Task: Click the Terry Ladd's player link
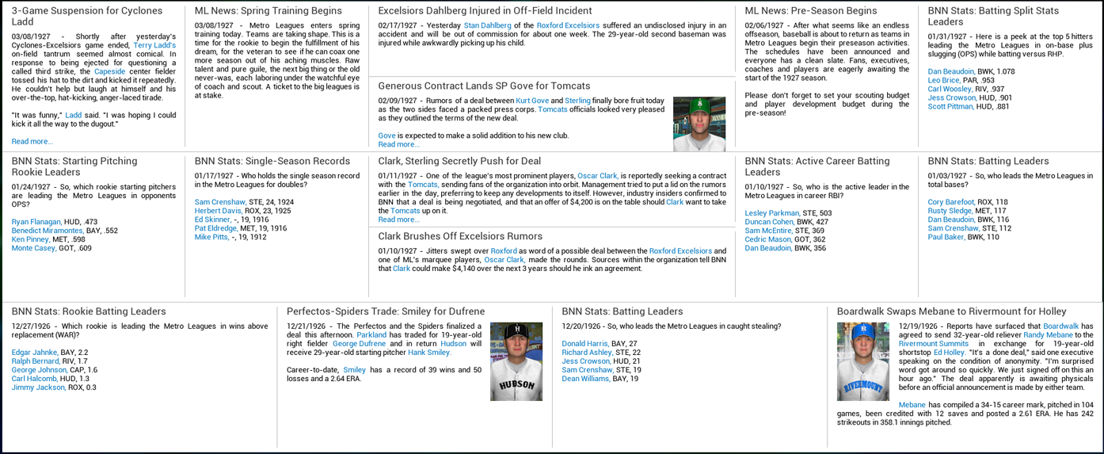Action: [x=154, y=46]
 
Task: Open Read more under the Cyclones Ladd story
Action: [x=32, y=141]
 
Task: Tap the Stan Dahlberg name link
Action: [x=487, y=25]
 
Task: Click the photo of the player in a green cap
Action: [x=699, y=124]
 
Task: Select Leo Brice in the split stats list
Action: [x=943, y=81]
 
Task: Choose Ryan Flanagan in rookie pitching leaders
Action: [x=36, y=222]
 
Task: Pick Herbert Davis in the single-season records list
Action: [x=218, y=211]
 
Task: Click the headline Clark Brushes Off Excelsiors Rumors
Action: [x=460, y=236]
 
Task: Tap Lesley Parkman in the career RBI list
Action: [x=771, y=213]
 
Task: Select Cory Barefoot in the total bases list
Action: [x=951, y=202]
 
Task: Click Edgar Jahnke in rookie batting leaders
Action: [x=34, y=353]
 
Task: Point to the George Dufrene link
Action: [x=359, y=344]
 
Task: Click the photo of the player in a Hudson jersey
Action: [x=516, y=361]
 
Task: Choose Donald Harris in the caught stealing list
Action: [x=584, y=344]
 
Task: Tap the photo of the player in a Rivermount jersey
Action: [x=862, y=361]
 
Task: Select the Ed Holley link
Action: [x=948, y=353]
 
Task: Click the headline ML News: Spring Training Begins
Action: [x=268, y=11]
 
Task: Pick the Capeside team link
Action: [x=109, y=71]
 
